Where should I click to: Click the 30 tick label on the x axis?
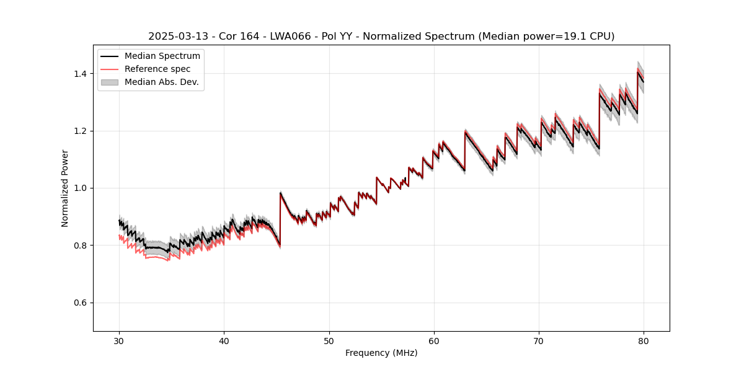click(119, 341)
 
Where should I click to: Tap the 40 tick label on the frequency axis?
click(224, 341)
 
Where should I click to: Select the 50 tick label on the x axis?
click(329, 341)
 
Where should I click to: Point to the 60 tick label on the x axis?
click(434, 341)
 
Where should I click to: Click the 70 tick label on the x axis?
click(539, 341)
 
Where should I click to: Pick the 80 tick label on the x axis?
click(644, 341)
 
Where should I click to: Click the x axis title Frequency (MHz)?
click(381, 353)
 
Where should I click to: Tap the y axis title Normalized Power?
click(65, 188)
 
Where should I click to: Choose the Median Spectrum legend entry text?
click(162, 56)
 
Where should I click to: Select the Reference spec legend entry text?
click(157, 69)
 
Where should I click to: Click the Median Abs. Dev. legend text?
click(162, 82)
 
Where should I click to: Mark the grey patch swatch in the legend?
click(110, 82)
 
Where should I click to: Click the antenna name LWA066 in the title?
click(290, 37)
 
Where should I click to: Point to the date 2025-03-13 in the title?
click(174, 37)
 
